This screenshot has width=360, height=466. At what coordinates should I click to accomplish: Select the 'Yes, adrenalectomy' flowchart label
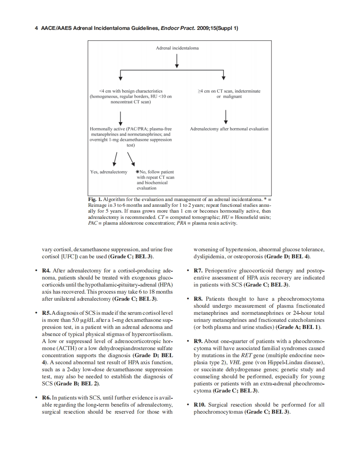(108, 172)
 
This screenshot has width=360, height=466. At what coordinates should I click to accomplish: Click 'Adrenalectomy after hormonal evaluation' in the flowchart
(229, 129)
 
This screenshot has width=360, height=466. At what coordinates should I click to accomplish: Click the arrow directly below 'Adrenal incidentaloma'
(178, 61)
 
